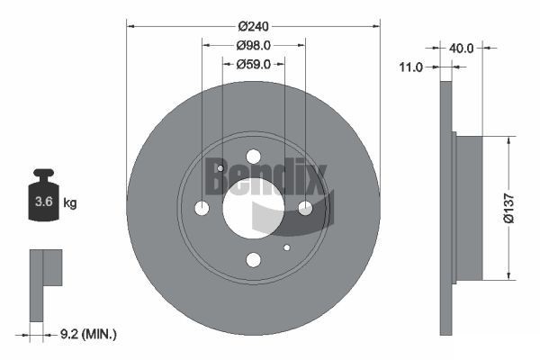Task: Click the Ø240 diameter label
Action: pos(253,26)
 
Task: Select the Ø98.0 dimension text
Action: pos(253,45)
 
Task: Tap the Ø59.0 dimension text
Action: pos(253,64)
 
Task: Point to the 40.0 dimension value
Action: pos(462,48)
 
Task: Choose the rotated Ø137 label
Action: pos(508,207)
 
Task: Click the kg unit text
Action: pos(70,203)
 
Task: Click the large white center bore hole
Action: pos(253,209)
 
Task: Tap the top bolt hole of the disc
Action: pos(253,157)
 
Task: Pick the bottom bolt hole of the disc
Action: pos(253,260)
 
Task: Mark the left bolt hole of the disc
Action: pos(202,209)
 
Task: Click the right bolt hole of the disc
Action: pos(305,208)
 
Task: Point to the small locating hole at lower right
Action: pos(287,247)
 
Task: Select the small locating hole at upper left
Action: pos(220,168)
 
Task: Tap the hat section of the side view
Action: pos(469,207)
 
